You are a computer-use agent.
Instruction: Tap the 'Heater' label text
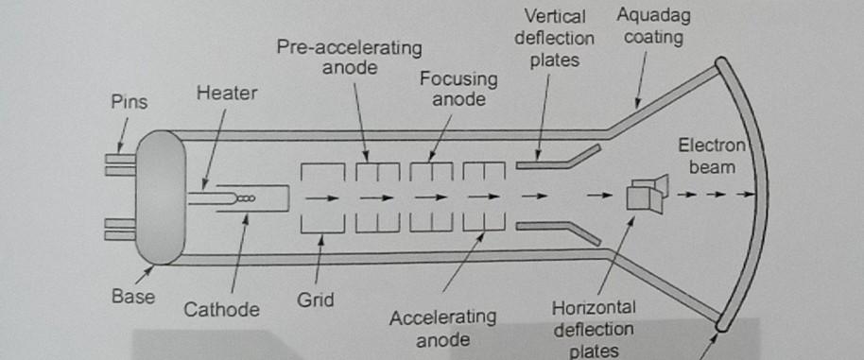tap(227, 94)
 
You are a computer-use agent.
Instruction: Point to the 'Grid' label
tap(315, 302)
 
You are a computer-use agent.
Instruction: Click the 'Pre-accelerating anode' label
tap(350, 57)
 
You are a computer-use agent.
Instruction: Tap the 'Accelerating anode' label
tap(442, 326)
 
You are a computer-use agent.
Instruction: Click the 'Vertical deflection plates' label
tap(561, 40)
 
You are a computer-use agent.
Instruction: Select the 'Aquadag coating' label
tap(649, 27)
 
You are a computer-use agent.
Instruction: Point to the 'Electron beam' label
tap(711, 156)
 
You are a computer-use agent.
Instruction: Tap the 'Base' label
tap(132, 297)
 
